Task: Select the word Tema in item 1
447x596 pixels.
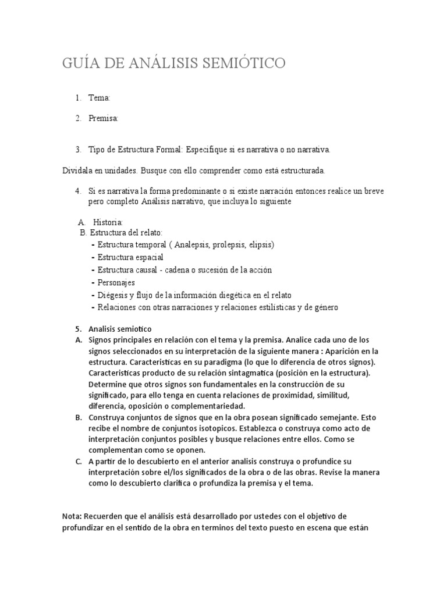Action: point(98,98)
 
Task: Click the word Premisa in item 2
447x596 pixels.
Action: point(103,119)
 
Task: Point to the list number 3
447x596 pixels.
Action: point(77,150)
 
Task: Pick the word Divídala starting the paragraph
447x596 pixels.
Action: point(80,170)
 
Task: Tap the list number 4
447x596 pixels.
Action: point(77,191)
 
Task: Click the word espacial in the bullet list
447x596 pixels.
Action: point(148,257)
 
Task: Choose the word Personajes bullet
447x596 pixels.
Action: point(116,282)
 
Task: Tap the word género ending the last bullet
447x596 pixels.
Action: point(325,307)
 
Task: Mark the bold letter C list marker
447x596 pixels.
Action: point(78,462)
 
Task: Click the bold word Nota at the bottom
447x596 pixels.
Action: point(72,517)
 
